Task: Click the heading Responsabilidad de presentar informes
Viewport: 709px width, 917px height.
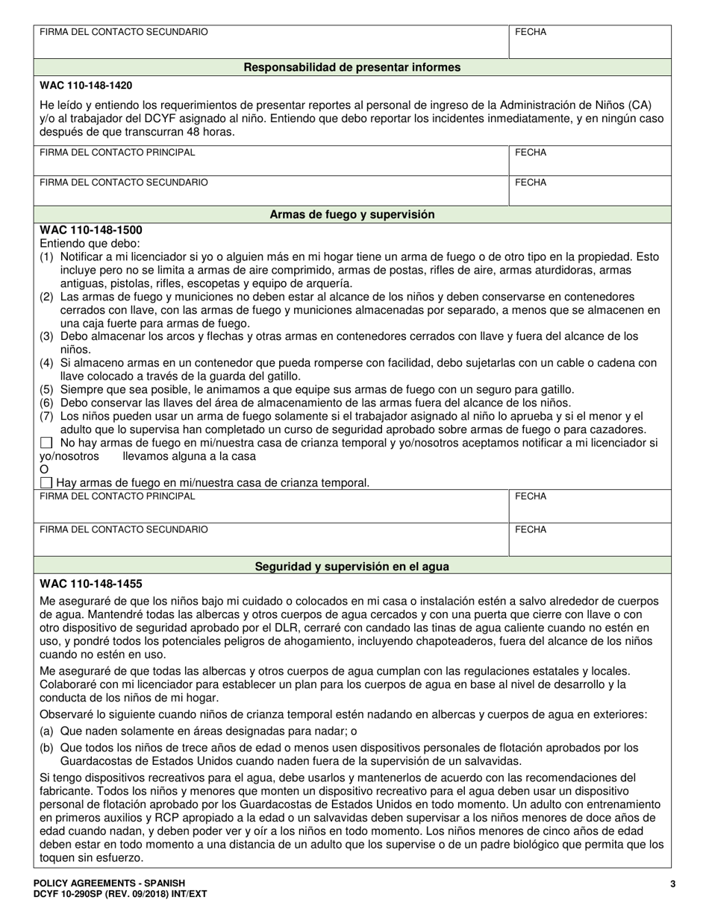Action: click(x=352, y=67)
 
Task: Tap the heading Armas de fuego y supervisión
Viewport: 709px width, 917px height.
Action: click(x=352, y=214)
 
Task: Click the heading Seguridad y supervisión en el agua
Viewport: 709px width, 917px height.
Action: click(x=352, y=566)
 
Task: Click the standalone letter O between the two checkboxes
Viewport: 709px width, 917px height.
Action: click(x=44, y=469)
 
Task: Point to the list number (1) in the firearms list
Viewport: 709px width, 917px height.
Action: click(x=47, y=256)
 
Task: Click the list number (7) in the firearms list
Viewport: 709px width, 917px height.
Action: click(x=47, y=416)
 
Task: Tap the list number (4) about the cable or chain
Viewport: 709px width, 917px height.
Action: click(x=47, y=363)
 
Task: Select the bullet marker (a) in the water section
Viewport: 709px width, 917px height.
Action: click(x=47, y=731)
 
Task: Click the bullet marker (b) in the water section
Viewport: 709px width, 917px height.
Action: click(x=47, y=748)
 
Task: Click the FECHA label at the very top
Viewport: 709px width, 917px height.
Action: click(x=530, y=32)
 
